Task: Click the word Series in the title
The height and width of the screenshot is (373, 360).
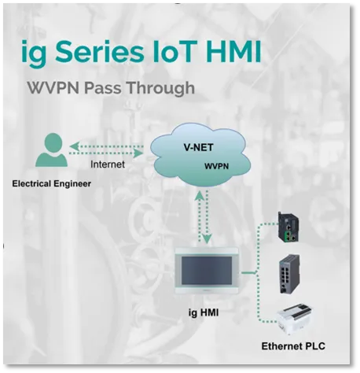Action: tap(100, 51)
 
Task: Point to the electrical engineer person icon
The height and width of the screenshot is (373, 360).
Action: tap(52, 150)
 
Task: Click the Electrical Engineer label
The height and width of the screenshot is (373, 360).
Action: tap(52, 183)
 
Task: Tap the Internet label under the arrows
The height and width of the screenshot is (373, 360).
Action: tap(108, 164)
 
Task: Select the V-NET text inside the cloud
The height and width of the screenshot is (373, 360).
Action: tap(198, 147)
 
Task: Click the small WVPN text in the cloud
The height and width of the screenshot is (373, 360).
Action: tap(216, 166)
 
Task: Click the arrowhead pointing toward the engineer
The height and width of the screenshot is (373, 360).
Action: tap(75, 146)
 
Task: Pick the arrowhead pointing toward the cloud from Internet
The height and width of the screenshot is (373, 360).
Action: tap(138, 153)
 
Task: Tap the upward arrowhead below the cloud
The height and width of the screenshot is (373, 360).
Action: tap(200, 196)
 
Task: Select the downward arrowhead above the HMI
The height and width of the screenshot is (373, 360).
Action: tap(208, 238)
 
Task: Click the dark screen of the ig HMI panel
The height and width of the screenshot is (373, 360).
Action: tap(207, 271)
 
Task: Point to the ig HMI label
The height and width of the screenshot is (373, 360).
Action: tap(204, 312)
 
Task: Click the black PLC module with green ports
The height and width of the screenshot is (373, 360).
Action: tap(288, 227)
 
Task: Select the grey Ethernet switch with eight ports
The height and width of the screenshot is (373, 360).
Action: tap(289, 273)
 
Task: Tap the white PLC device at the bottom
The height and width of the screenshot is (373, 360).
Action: tap(295, 319)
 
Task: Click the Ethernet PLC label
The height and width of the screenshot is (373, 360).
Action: tap(293, 346)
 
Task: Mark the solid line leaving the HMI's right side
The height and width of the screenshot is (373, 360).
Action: tap(248, 273)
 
